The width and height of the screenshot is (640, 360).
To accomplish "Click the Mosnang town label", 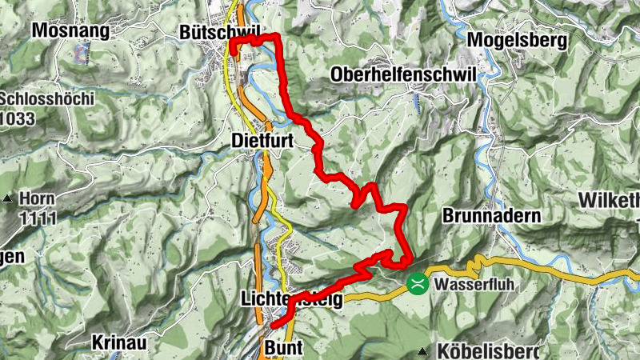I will [70, 30].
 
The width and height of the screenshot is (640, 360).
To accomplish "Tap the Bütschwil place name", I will [219, 31].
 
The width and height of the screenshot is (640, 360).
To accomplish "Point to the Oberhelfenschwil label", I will [402, 75].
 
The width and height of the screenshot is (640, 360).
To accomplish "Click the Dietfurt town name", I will [262, 140].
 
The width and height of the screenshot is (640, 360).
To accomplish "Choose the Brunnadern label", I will [491, 216].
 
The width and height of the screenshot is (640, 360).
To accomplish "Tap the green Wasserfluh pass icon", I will [417, 283].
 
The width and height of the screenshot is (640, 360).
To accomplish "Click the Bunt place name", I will [282, 349].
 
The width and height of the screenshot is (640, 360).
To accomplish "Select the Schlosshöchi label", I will [48, 99].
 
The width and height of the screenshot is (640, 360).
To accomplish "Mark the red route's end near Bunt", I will [272, 326].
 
